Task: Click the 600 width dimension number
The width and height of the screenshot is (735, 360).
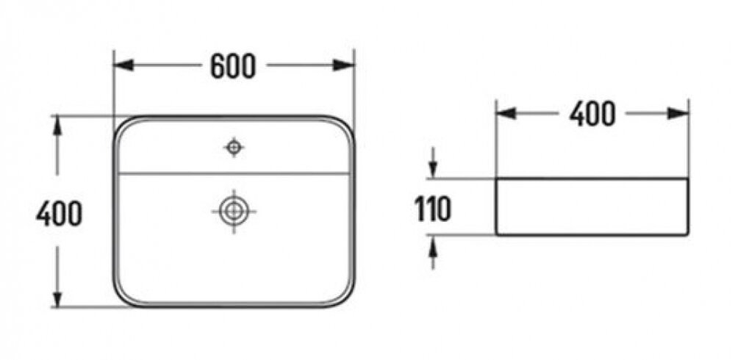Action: [233, 66]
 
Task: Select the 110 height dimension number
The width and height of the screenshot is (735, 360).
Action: [433, 209]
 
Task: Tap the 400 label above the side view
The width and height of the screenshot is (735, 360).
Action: [592, 114]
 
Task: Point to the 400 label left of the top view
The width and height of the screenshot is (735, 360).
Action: [59, 214]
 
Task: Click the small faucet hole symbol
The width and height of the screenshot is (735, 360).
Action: [234, 148]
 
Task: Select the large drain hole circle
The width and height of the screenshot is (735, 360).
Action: [234, 212]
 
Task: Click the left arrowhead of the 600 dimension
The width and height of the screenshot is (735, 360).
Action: [123, 65]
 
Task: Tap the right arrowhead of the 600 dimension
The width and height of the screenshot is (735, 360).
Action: [343, 65]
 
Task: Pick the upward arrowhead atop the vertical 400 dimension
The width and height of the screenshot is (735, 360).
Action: [57, 126]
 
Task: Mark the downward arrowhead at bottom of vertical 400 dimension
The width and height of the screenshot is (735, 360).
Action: [57, 298]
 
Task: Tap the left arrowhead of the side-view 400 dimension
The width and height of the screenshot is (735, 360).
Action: [506, 113]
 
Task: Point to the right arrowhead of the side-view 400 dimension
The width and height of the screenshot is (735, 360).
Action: [678, 113]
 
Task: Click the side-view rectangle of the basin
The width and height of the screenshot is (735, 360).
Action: [592, 179]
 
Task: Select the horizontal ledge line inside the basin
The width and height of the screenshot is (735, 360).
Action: [234, 173]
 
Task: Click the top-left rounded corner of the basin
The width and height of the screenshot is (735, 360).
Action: [120, 123]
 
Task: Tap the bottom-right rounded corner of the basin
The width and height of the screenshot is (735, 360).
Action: [348, 300]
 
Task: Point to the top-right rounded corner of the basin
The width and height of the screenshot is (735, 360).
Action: [348, 123]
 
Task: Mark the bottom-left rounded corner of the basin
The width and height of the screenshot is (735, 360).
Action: [120, 300]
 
